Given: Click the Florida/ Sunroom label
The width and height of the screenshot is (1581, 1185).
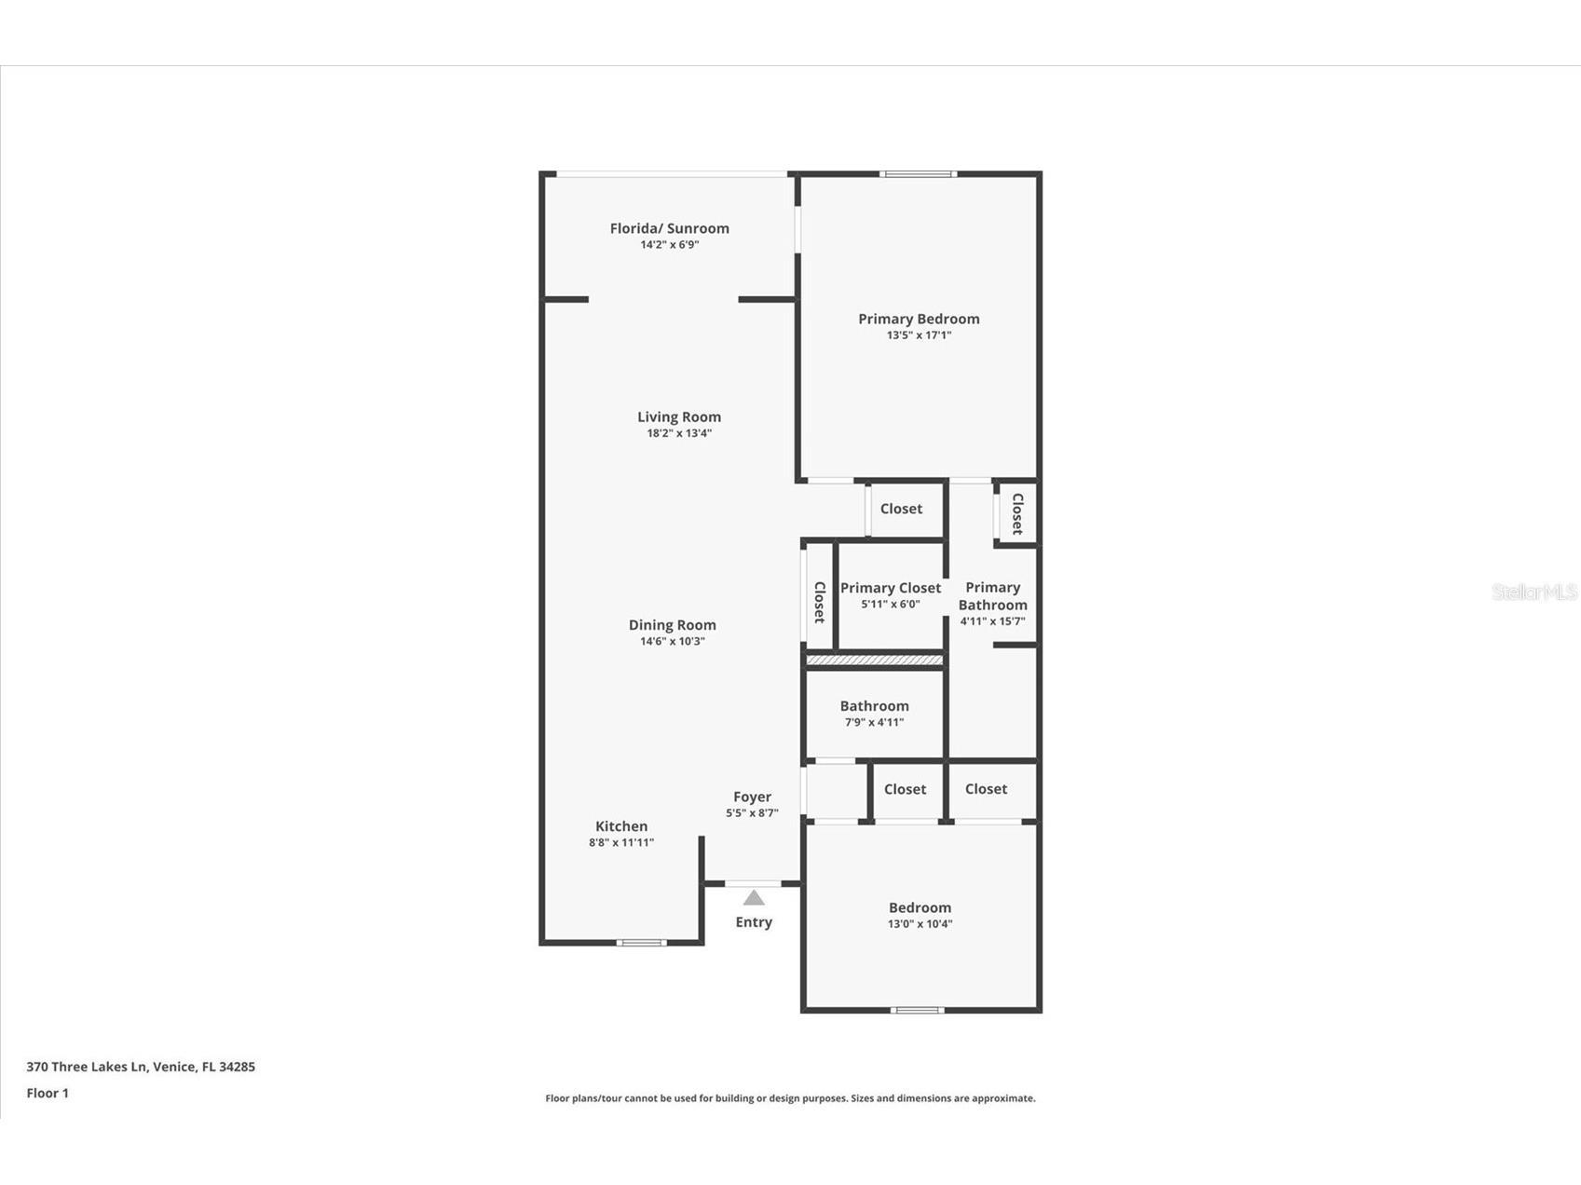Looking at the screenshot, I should [669, 228].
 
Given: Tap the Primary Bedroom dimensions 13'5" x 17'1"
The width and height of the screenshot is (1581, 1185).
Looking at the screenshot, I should [919, 335].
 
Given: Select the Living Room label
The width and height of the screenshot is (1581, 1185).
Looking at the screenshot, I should [678, 417].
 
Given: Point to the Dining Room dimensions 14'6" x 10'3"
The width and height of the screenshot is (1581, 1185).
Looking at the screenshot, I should [672, 641].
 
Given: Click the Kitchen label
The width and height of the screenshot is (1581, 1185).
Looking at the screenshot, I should [621, 826].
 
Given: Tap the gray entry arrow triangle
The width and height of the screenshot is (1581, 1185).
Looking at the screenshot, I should [754, 898].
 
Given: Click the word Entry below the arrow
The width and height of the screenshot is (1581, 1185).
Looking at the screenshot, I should [754, 922].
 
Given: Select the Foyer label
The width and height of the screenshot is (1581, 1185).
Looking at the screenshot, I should [752, 797].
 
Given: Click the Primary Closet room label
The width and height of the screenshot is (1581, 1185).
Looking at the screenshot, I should [891, 588].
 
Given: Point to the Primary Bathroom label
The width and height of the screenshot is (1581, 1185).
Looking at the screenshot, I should [992, 596].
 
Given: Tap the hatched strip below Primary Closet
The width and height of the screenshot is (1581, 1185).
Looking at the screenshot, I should [874, 661].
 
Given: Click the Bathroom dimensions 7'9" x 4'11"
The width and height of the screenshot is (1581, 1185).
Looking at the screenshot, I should [874, 722].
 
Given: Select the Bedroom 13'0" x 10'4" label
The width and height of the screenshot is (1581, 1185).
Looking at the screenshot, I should [920, 908].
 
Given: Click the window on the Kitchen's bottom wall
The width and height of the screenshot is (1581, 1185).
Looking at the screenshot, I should [641, 943].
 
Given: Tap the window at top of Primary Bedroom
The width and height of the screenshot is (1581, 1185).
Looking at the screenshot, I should [918, 174].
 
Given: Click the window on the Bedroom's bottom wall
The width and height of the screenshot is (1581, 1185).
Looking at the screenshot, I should [918, 1010].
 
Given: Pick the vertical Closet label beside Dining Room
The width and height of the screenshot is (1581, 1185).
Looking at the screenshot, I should [819, 602].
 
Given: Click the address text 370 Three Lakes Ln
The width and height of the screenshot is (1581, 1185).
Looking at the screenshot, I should [141, 1067].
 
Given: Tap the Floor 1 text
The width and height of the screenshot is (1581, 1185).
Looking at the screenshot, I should [48, 1093].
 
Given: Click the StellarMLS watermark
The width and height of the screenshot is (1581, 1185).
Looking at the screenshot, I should [1533, 592].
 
